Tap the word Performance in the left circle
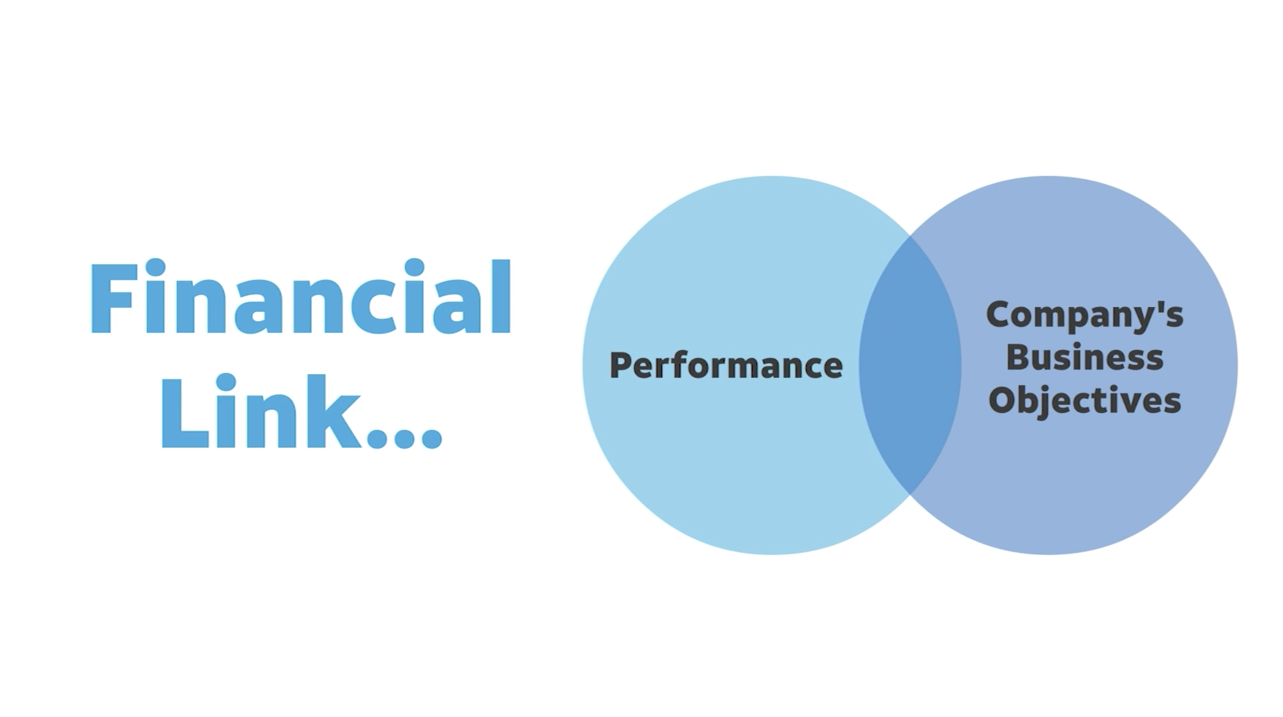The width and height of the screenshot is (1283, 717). pos(726,366)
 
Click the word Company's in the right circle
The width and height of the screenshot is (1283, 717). pos(1084,315)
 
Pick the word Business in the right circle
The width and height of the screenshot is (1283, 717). pos(1084,357)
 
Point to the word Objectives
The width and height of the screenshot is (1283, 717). pos(1084,401)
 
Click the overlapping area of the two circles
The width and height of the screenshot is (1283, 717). pos(910,365)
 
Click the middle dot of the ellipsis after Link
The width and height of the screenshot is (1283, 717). pos(405,438)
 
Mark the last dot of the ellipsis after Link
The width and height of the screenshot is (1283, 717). pos(431,438)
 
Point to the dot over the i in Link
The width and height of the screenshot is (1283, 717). pos(226,382)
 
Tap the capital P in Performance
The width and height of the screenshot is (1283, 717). pos(621,365)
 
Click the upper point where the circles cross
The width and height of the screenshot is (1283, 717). pos(910,236)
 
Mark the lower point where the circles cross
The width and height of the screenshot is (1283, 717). pos(910,494)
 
